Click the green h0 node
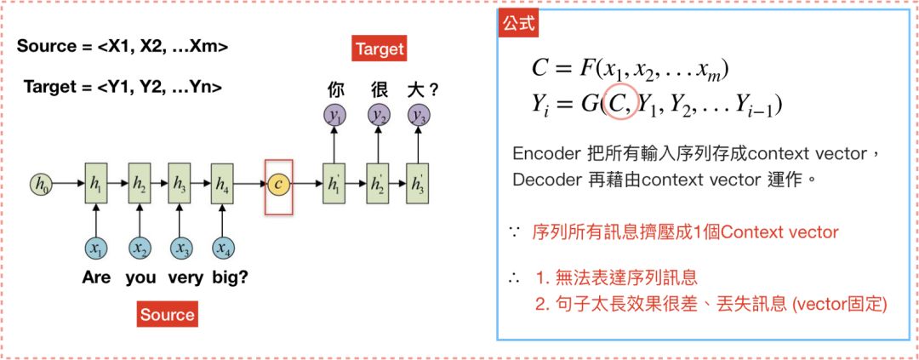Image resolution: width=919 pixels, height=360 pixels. tap(40, 183)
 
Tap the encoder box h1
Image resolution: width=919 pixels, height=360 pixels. tap(96, 183)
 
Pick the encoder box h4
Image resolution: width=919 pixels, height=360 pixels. tap(222, 183)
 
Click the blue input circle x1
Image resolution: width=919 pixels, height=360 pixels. tap(96, 248)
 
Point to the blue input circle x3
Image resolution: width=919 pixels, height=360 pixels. tap(180, 248)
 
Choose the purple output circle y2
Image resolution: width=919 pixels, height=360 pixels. tap(375, 115)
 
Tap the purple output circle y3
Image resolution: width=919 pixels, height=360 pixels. tap(417, 115)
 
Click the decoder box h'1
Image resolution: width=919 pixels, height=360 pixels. tap(334, 183)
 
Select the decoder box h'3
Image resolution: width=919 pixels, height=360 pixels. tap(417, 183)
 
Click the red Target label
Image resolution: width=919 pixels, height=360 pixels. tap(380, 49)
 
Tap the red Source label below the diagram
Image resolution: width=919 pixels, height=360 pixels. tap(167, 314)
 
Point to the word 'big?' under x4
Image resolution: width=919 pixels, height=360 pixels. tap(229, 277)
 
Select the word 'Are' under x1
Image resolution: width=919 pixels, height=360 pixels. tap(96, 277)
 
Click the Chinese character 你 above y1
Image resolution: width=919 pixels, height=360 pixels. tap(335, 89)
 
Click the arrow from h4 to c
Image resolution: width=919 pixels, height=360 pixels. tap(250, 183)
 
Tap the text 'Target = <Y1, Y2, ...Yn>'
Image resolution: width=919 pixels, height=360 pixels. tap(123, 86)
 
